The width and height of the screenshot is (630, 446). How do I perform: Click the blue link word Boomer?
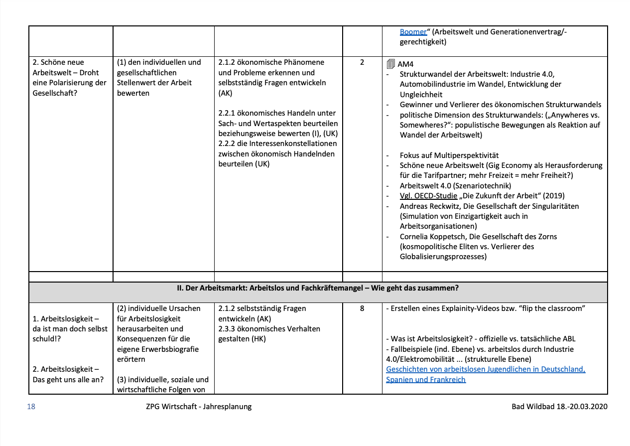(413, 32)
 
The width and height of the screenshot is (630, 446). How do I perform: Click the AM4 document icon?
(390, 64)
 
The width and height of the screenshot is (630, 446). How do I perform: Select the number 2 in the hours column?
(362, 62)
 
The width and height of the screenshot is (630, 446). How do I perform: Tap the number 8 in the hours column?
(362, 308)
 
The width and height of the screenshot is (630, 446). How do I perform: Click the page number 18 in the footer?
(31, 407)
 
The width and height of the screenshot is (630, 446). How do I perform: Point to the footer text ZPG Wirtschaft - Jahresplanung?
(196, 407)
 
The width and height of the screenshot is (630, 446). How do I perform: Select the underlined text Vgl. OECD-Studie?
(428, 196)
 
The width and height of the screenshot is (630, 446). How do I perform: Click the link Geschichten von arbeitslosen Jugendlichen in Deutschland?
(486, 369)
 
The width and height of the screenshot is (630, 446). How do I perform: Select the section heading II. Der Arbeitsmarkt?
(318, 288)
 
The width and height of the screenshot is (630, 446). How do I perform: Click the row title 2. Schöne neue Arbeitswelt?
(58, 62)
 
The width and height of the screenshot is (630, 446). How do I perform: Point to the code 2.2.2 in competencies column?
(228, 144)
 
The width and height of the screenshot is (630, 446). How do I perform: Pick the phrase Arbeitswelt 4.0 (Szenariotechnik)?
(456, 185)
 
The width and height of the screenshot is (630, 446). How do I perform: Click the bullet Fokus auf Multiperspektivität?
(449, 155)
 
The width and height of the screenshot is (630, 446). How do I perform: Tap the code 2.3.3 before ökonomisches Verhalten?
(228, 329)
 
